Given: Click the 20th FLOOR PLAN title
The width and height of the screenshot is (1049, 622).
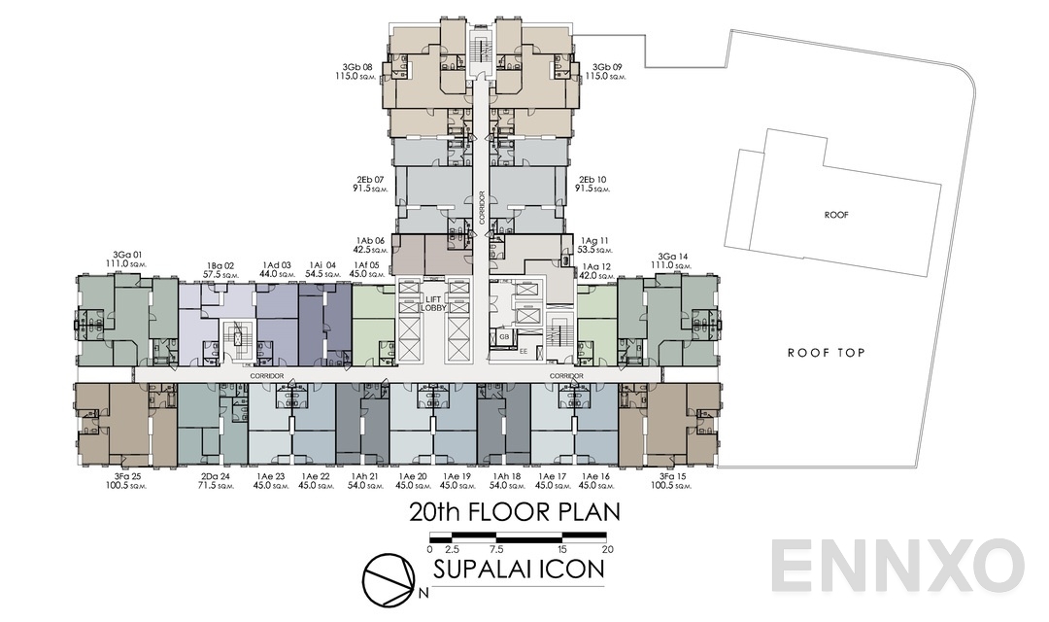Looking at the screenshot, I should (x=514, y=512).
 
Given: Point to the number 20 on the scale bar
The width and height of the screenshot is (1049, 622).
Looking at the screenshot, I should (x=608, y=549).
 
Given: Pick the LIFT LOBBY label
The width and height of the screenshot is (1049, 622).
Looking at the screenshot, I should (x=433, y=303).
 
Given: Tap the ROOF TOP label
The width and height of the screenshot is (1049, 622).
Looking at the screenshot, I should (x=826, y=353).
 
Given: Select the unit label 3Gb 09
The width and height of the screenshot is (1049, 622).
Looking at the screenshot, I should (x=608, y=68).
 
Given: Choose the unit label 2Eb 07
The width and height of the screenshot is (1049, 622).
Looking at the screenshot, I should (x=372, y=180).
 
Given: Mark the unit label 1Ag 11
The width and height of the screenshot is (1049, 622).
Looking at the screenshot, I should (x=595, y=240).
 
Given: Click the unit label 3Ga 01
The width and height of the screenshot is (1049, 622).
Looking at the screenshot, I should (x=128, y=258).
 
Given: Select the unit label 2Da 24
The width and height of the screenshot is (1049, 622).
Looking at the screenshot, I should (x=216, y=476).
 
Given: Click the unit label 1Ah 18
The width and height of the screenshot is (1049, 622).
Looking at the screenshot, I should (x=506, y=476).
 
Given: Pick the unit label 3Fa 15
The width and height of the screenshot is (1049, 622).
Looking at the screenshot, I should (x=672, y=476).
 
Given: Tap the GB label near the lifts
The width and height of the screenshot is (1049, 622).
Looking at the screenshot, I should (x=503, y=336).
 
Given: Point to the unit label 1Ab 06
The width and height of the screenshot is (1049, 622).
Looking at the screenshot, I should (x=371, y=240).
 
